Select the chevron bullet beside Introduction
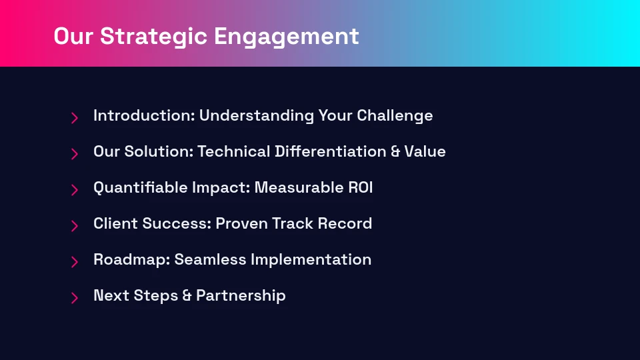click(x=75, y=118)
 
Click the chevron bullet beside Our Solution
click(x=75, y=154)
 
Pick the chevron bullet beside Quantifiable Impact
click(x=75, y=190)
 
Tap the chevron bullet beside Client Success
click(x=75, y=226)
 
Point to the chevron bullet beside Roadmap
click(x=75, y=262)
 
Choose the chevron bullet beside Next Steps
click(x=75, y=298)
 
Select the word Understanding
click(x=256, y=116)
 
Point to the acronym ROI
click(x=361, y=188)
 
